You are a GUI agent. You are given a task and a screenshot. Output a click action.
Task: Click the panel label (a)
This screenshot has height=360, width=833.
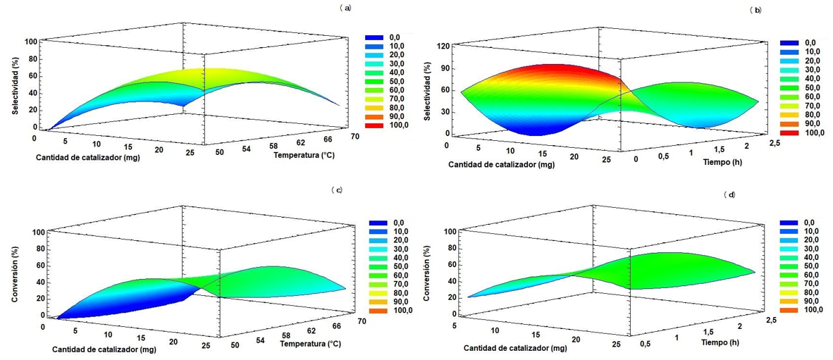point(344,8)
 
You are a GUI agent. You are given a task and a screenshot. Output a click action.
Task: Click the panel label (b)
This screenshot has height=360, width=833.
point(757,10)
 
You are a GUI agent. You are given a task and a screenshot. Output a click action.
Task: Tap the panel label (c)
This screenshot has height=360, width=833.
point(336,190)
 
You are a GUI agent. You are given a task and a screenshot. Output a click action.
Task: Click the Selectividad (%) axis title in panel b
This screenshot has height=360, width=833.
point(427,89)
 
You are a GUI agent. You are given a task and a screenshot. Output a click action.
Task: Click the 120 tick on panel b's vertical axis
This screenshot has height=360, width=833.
point(443,46)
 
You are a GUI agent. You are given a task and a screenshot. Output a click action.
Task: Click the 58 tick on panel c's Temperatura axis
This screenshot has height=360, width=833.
point(285,335)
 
